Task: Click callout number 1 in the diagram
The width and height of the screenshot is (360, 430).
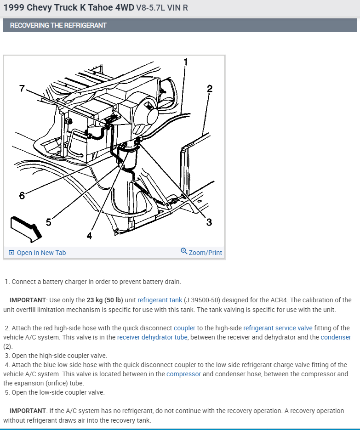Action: (x=186, y=62)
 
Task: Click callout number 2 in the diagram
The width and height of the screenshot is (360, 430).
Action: (x=210, y=89)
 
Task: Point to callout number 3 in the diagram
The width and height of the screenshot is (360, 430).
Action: (x=209, y=222)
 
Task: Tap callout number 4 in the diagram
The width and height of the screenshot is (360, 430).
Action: (x=89, y=236)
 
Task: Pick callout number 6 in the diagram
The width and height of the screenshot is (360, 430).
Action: (x=22, y=196)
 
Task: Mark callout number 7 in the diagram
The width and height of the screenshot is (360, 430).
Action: (x=22, y=88)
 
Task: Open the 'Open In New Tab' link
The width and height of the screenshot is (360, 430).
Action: (x=41, y=253)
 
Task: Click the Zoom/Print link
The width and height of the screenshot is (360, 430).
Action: (x=205, y=253)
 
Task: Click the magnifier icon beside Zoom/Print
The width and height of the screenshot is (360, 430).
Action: (x=184, y=251)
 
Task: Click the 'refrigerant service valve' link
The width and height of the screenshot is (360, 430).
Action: (x=278, y=328)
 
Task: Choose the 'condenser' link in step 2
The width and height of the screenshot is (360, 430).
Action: (x=336, y=337)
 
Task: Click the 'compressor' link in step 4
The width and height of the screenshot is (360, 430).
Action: (x=183, y=374)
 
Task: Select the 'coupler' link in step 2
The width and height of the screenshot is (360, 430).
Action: (x=184, y=328)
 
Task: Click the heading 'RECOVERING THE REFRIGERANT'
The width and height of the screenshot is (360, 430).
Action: (x=58, y=25)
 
